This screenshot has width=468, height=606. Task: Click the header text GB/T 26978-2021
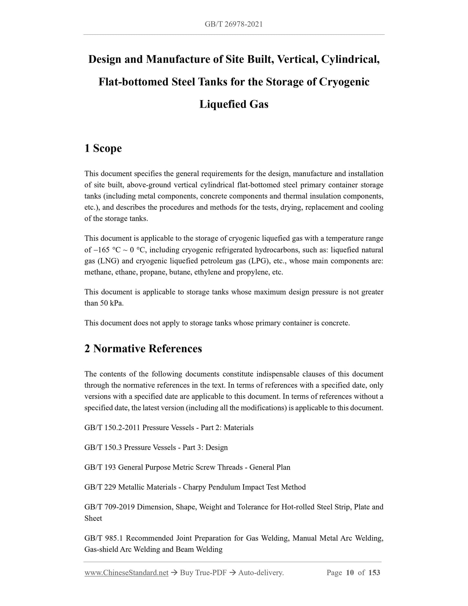pyautogui.click(x=234, y=24)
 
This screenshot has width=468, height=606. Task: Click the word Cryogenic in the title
pyautogui.click(x=344, y=82)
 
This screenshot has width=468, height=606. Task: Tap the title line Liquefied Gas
pyautogui.click(x=234, y=104)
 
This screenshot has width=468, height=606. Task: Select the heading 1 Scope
pyautogui.click(x=103, y=148)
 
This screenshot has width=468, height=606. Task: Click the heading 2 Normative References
pyautogui.click(x=143, y=348)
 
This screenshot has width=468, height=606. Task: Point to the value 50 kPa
pyautogui.click(x=112, y=303)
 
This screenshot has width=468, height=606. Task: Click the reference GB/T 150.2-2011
pyautogui.click(x=112, y=428)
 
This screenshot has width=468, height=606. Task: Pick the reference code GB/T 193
pyautogui.click(x=100, y=467)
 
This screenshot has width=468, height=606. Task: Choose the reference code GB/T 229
pyautogui.click(x=100, y=487)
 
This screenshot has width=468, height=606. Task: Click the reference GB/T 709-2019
pyautogui.click(x=109, y=507)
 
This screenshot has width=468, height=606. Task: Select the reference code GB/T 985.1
pyautogui.click(x=104, y=538)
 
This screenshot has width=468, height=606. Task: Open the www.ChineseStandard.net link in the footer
pyautogui.click(x=126, y=573)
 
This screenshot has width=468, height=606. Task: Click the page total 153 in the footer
pyautogui.click(x=374, y=573)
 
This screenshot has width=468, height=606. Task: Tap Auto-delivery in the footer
pyautogui.click(x=261, y=573)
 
